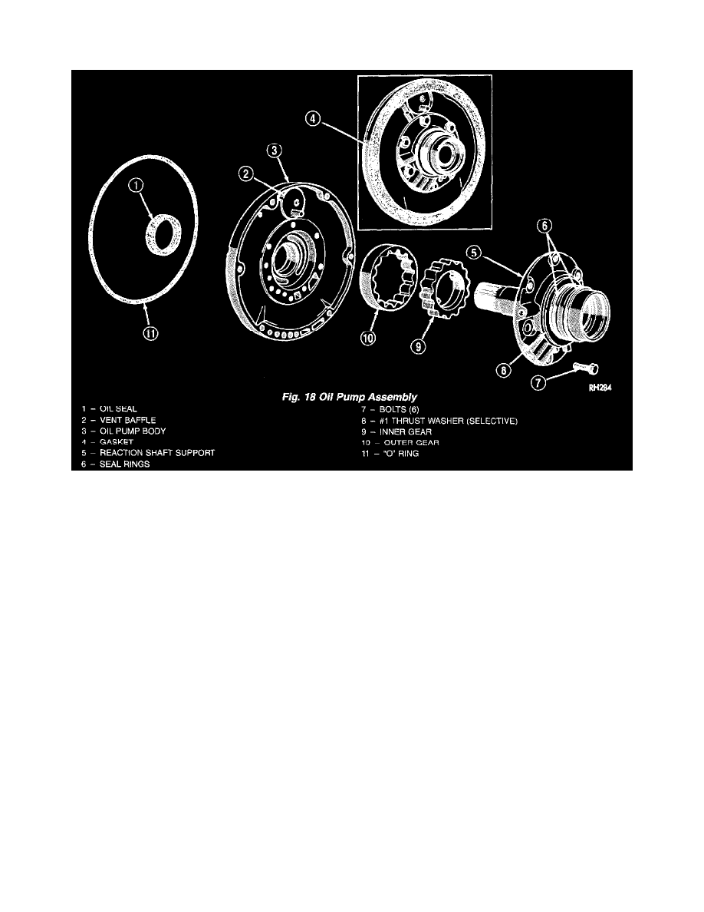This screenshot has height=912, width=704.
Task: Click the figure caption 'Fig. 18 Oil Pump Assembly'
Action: coord(350,398)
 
